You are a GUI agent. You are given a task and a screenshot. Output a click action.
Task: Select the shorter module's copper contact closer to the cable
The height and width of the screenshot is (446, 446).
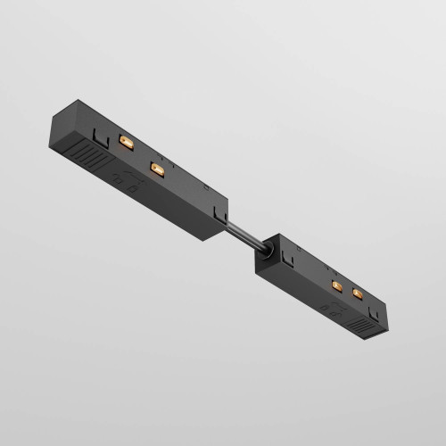pos(337,286)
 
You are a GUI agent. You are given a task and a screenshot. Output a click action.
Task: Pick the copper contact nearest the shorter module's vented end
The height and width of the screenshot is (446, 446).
pos(359,293)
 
